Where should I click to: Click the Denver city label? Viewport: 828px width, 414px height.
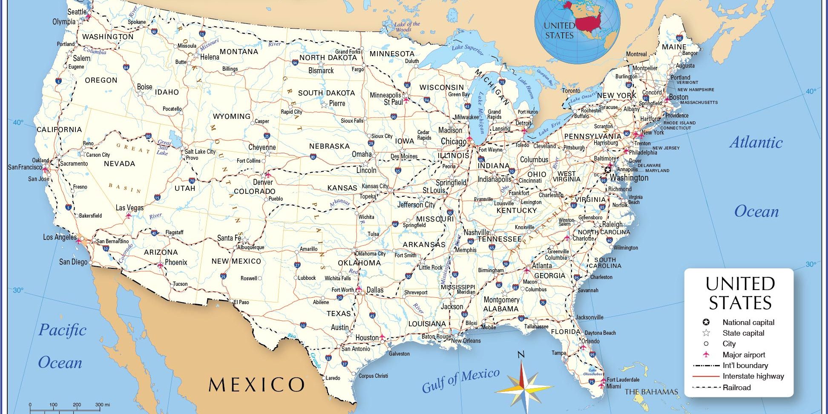point(263,182)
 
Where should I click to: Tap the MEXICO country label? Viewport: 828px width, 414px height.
point(256,385)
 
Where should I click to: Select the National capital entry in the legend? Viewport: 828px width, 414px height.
point(748,322)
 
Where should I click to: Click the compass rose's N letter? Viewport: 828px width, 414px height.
point(521,354)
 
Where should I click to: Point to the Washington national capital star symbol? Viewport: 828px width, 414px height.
point(608,170)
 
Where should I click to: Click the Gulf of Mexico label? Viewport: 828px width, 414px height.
point(460,380)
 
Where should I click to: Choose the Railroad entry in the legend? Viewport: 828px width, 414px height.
point(736,388)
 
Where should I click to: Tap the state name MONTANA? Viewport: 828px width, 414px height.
point(239,52)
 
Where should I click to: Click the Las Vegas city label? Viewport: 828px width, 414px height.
point(129,208)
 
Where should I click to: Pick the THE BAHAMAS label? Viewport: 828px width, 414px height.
point(651,392)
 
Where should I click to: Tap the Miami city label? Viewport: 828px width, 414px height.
point(613,386)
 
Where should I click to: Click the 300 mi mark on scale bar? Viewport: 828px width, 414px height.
point(102,405)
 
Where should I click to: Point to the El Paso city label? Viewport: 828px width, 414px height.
point(241,302)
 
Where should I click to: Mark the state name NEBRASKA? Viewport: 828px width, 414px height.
point(329,146)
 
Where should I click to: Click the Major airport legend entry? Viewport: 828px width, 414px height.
point(744,355)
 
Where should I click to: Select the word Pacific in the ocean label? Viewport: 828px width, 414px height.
point(62,330)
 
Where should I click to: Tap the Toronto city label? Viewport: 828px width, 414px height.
point(571,91)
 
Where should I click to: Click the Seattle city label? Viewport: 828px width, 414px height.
point(77,12)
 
